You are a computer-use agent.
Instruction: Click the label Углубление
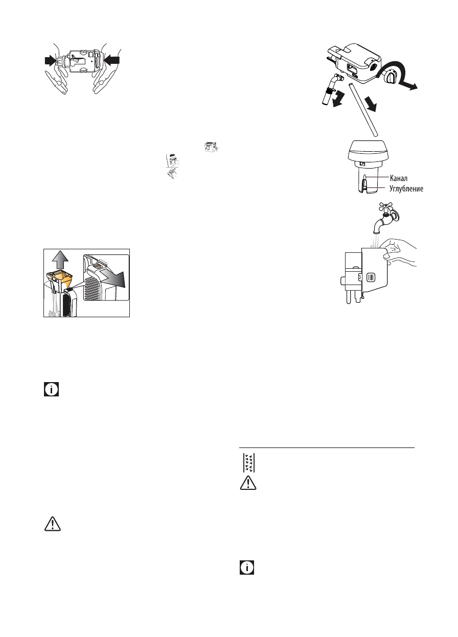tap(407, 188)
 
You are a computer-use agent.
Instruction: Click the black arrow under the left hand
tap(51, 60)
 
